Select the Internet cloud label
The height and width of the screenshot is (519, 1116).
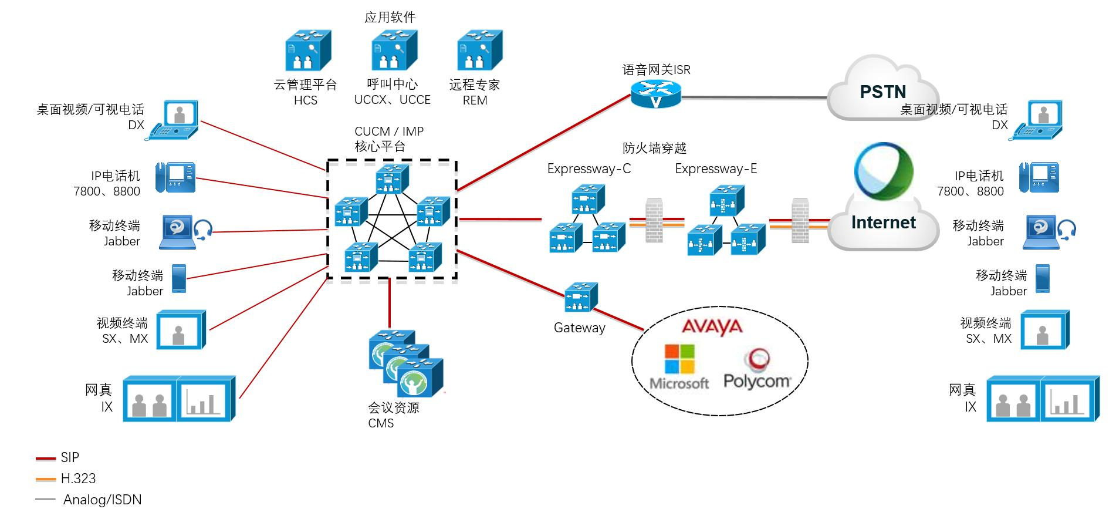tap(883, 223)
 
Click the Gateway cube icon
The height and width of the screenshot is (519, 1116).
tap(581, 298)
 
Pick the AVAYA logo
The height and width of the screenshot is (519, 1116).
tap(712, 326)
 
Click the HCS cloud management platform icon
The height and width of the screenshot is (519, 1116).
tap(307, 52)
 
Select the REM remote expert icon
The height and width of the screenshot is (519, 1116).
tap(479, 52)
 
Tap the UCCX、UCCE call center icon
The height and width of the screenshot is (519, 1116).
tap(393, 52)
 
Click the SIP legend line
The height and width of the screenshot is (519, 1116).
tap(46, 458)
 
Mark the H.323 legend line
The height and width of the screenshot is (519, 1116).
tap(46, 479)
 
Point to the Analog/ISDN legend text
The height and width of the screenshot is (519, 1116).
tap(102, 500)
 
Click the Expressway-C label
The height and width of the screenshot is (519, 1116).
tap(589, 169)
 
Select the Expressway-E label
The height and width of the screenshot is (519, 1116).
tap(715, 169)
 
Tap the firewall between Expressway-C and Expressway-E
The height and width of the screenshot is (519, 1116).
tap(654, 221)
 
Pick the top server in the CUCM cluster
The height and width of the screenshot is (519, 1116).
tap(392, 179)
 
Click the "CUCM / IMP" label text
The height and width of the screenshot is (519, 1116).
tap(389, 132)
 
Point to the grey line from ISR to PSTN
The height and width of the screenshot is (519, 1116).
tap(754, 97)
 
